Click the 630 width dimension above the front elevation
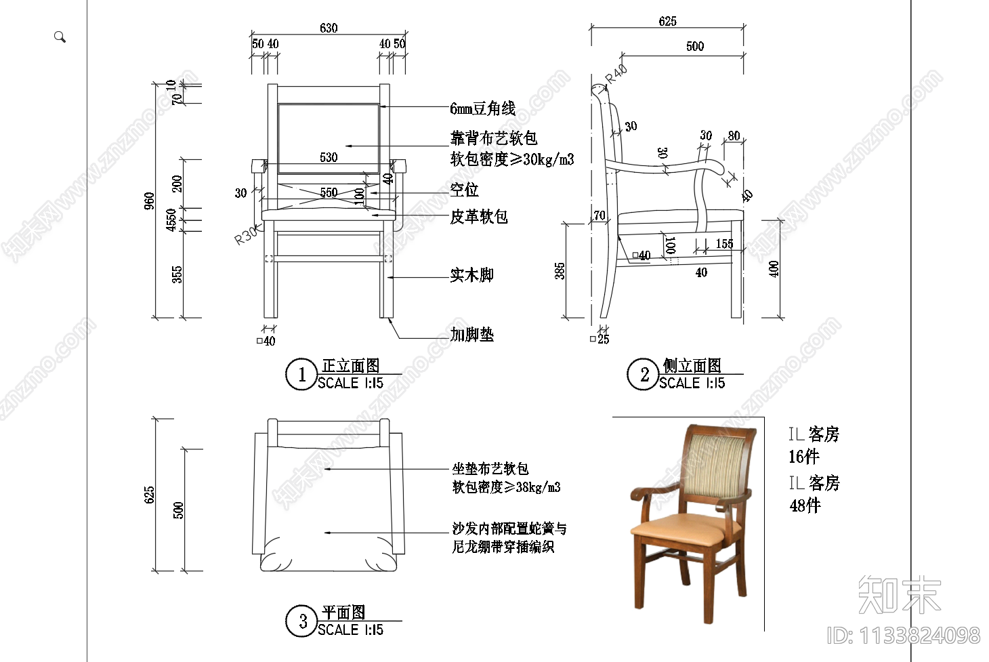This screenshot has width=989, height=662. tap(329, 28)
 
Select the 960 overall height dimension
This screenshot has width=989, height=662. tap(149, 201)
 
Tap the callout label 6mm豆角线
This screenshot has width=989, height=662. tap(482, 108)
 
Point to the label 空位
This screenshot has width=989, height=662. tap(464, 190)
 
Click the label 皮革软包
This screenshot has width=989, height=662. tap(479, 217)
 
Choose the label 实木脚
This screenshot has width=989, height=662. tap(471, 275)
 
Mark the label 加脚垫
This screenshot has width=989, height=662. tap(471, 335)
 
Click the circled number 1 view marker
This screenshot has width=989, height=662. tap(301, 375)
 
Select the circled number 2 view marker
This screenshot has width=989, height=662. tap(644, 375)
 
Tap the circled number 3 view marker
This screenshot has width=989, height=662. tap(302, 621)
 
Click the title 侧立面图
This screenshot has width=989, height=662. tap(692, 366)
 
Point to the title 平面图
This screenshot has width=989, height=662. tap(343, 613)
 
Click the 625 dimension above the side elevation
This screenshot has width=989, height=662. tap(667, 22)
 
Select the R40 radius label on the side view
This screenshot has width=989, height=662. tap(616, 74)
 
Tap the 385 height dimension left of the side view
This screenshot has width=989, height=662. tap(560, 271)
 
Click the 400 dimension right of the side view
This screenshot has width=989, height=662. tap(774, 269)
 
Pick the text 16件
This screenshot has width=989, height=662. tap(804, 457)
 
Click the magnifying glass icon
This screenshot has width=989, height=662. tap(60, 37)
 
